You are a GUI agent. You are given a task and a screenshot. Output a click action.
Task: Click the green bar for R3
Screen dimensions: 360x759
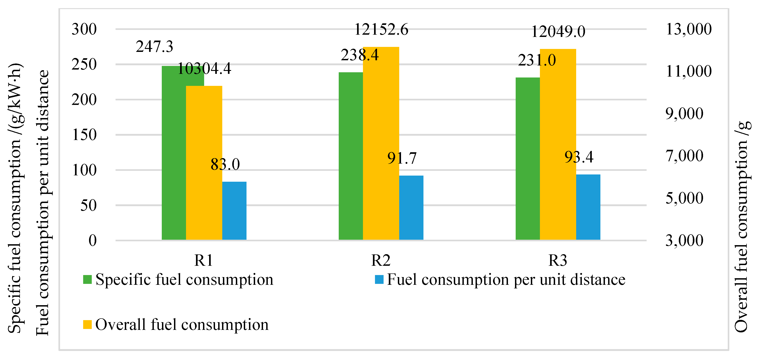(527, 159)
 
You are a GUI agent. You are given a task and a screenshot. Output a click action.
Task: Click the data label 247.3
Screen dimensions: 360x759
(154, 46)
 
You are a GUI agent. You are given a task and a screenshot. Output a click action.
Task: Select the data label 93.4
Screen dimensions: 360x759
(579, 157)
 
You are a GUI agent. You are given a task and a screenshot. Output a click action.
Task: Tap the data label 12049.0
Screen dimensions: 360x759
(558, 31)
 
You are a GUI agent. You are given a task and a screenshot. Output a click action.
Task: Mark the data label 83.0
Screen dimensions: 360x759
(225, 164)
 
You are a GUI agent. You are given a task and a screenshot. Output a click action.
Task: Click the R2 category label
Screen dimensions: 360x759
(381, 260)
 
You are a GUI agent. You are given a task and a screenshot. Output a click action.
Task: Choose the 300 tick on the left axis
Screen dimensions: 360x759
(84, 29)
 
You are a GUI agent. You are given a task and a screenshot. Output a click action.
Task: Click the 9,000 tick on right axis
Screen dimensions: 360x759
(684, 114)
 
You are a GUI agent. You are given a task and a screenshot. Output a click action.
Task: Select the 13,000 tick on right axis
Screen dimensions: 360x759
(688, 29)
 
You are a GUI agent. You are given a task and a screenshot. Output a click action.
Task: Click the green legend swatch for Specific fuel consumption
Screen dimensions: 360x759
(87, 279)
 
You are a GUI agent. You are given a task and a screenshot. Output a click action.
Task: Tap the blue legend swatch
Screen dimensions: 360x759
(379, 279)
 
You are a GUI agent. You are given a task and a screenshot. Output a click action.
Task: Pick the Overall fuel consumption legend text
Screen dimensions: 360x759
(182, 325)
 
